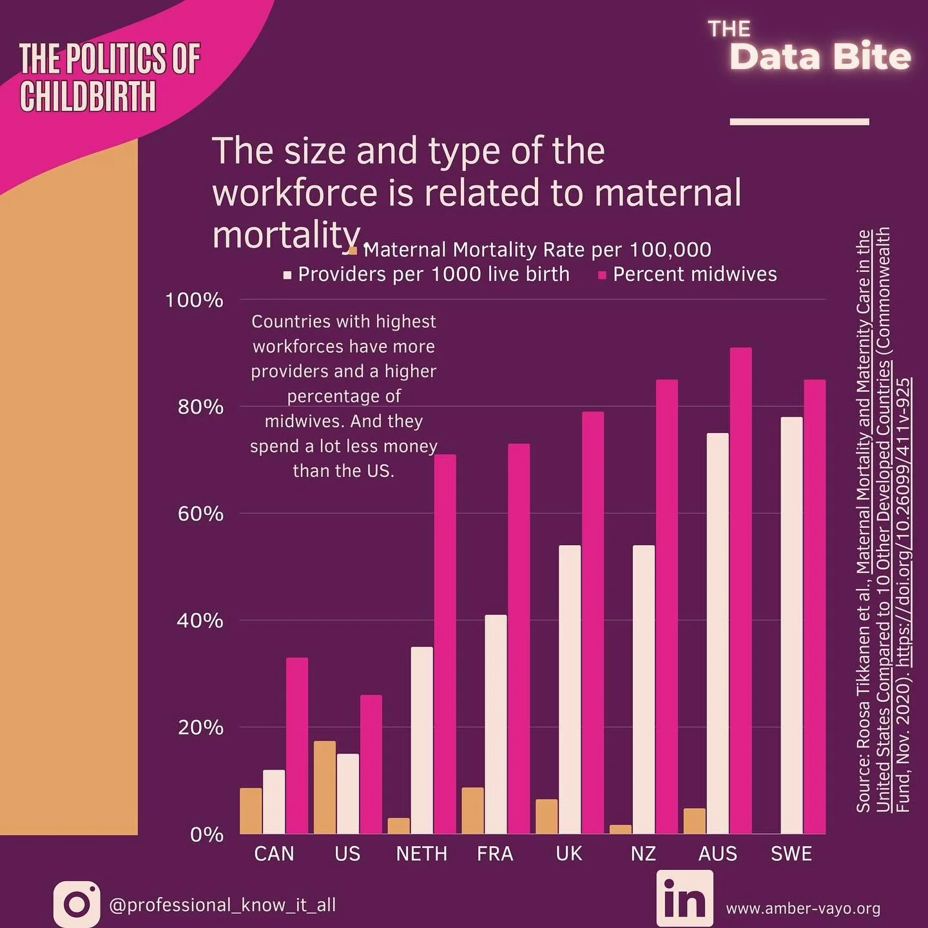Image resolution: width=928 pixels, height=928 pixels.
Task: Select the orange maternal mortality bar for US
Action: click(324, 788)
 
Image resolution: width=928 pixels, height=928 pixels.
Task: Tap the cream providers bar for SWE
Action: click(791, 625)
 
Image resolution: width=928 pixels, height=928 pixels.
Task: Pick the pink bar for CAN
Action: click(297, 746)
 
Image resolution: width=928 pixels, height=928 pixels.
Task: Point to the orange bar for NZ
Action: click(621, 829)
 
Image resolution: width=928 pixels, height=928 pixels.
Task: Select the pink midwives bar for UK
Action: click(593, 623)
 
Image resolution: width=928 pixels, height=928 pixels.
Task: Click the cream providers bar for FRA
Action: click(496, 724)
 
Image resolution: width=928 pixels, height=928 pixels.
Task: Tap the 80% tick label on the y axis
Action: click(200, 407)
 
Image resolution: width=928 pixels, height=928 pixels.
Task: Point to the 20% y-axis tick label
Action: click(200, 728)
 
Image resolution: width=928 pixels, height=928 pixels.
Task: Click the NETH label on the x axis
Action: click(421, 854)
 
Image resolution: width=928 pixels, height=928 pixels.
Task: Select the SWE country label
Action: click(791, 854)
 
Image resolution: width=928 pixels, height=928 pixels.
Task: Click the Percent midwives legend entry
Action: click(694, 275)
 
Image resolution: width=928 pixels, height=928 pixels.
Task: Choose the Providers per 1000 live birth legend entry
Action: click(433, 275)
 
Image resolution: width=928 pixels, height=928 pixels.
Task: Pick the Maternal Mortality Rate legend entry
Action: click(537, 249)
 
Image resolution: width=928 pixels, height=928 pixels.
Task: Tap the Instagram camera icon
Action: click(77, 904)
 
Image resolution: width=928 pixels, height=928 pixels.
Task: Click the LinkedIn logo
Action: click(684, 898)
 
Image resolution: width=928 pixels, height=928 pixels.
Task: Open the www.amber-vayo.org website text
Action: click(803, 909)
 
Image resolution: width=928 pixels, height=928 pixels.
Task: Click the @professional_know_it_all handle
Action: click(222, 905)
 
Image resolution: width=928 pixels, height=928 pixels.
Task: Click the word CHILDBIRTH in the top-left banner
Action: click(88, 97)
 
